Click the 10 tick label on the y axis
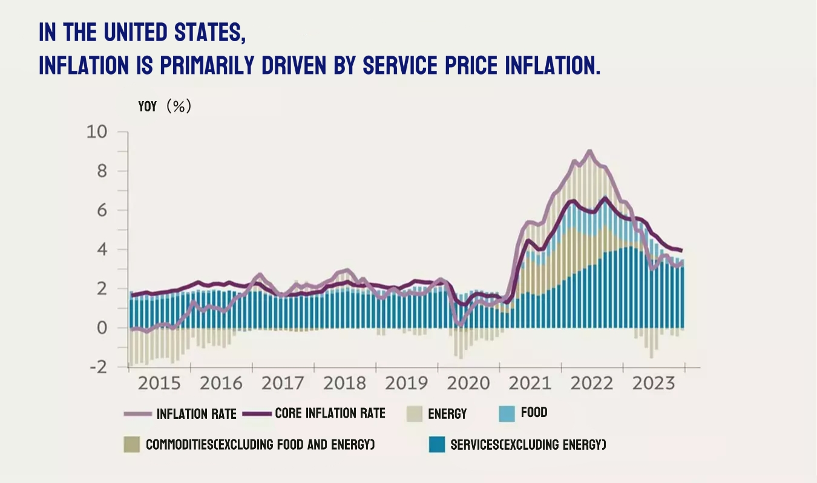point(97,132)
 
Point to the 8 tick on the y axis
point(101,171)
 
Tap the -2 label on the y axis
point(97,367)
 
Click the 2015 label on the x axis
point(159,384)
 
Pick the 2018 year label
point(345,384)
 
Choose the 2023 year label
point(654,384)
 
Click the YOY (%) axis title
point(165,107)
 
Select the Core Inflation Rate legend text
point(330,413)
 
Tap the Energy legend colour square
point(415,414)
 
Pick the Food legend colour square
point(506,413)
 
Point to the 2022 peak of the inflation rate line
point(589,151)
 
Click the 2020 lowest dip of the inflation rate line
point(461,325)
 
